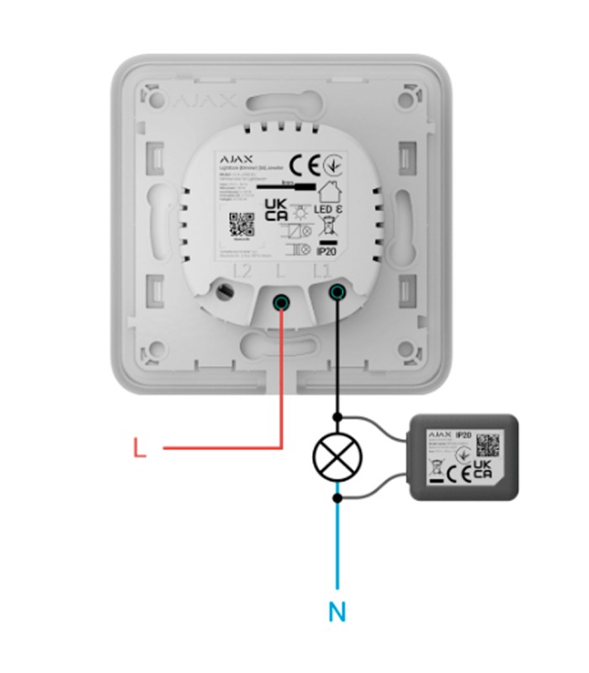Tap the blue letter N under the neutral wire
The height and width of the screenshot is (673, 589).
click(337, 612)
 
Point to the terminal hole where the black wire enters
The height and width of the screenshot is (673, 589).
click(337, 292)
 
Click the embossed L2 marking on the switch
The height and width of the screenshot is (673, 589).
click(243, 271)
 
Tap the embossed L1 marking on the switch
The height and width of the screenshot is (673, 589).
click(321, 271)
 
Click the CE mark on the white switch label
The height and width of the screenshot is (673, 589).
click(305, 162)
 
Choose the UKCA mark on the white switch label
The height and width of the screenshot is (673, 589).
click(275, 210)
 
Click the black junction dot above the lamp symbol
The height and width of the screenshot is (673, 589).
click(337, 416)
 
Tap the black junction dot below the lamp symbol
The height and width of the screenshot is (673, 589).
click(337, 498)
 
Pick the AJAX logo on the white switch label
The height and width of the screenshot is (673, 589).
click(236, 157)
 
